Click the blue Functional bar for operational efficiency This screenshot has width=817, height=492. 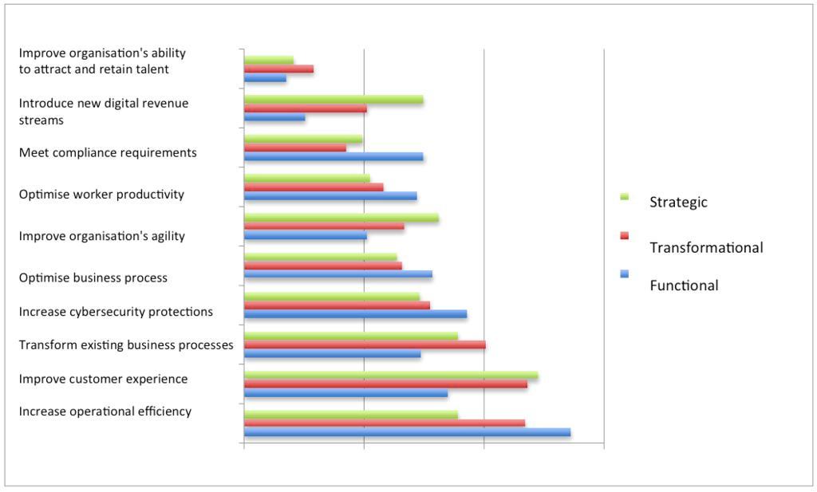[x=407, y=432]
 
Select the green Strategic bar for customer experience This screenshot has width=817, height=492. [x=391, y=376]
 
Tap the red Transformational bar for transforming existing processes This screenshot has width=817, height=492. [x=365, y=344]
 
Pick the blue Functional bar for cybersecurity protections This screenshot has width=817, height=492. [x=355, y=314]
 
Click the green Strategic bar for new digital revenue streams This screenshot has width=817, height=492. [x=334, y=100]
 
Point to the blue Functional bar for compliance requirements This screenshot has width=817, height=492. [x=334, y=156]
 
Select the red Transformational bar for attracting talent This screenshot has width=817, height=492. [x=278, y=69]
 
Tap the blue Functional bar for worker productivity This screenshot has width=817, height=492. [x=330, y=195]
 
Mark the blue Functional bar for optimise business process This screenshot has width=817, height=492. [x=338, y=274]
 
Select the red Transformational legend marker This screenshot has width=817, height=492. [x=624, y=235]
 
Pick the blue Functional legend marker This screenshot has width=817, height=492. [x=624, y=274]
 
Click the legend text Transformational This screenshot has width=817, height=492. [x=706, y=247]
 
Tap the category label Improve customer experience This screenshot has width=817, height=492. [x=104, y=379]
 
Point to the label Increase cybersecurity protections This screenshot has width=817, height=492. [x=116, y=311]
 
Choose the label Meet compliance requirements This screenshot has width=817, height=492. [x=108, y=152]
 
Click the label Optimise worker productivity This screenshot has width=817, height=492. [x=101, y=194]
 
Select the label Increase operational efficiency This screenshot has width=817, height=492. [x=105, y=411]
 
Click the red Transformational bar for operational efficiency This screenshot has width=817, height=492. [x=385, y=423]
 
